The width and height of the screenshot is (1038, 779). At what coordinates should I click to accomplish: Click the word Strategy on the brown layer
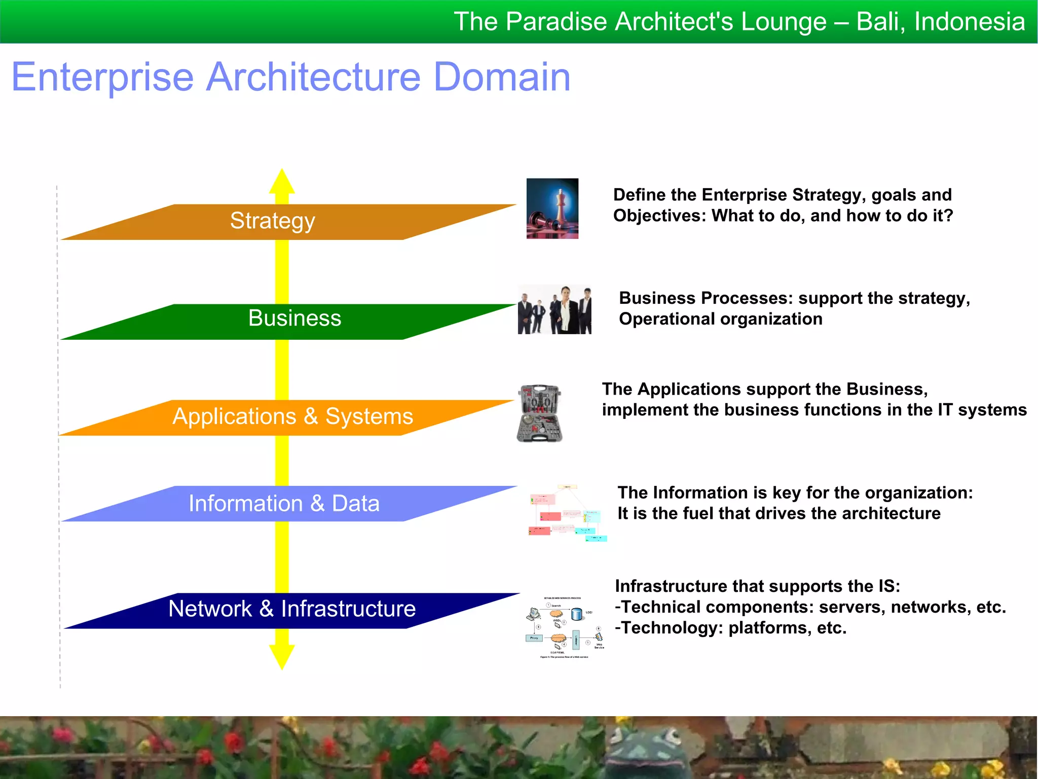point(273,221)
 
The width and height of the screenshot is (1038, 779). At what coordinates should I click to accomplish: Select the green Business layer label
point(294,318)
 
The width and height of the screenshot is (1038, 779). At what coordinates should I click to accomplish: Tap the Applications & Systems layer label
point(292,416)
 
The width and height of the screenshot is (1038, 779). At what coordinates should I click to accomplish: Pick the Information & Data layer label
point(284,504)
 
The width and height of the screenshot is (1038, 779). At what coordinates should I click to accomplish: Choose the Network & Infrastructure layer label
point(292,609)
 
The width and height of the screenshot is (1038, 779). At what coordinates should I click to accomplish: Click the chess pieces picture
point(552,208)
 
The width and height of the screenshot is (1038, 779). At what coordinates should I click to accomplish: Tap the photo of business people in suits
point(554,309)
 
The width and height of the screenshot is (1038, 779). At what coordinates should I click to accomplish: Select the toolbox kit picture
point(540,413)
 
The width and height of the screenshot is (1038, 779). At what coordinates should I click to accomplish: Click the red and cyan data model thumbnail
point(567,513)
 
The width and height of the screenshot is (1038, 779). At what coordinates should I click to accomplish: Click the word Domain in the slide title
point(502,77)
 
